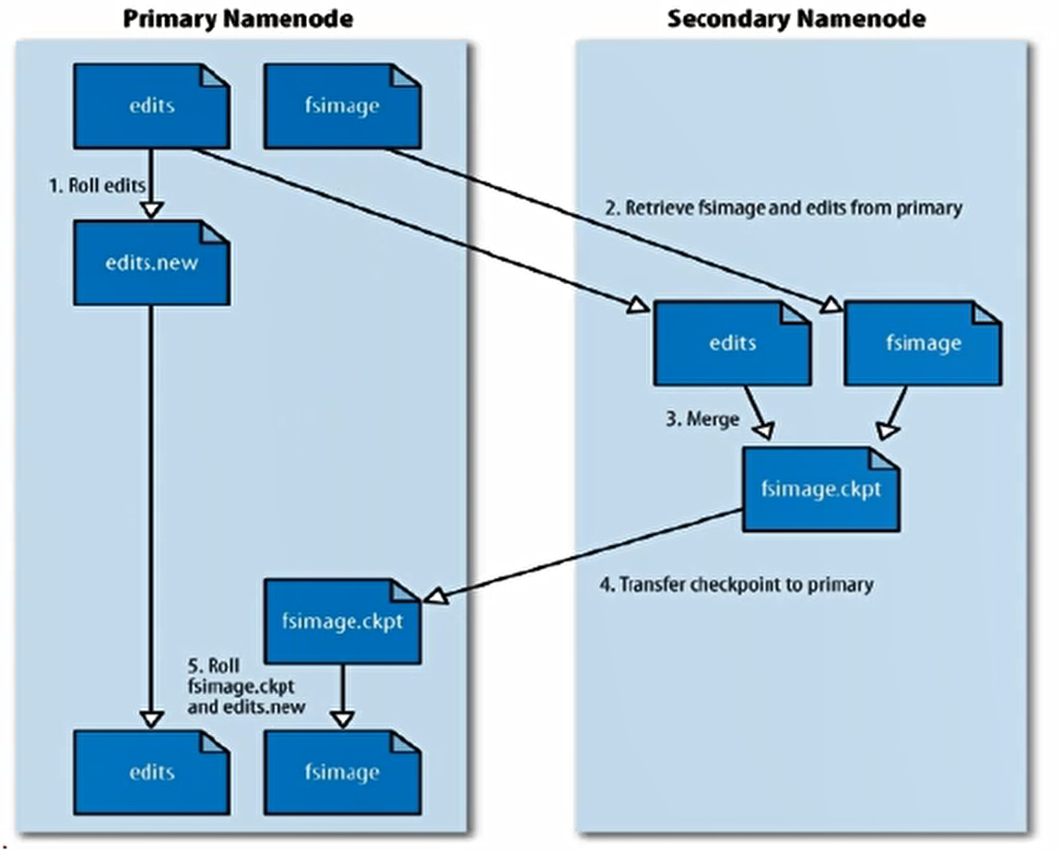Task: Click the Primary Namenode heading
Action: tap(238, 18)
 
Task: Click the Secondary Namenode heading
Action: tap(796, 18)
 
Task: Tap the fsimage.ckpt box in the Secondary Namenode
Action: tap(820, 489)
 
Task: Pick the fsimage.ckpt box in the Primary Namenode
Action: tap(342, 621)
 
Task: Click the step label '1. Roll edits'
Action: tap(96, 185)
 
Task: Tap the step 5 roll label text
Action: tap(244, 686)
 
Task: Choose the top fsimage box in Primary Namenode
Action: tap(342, 105)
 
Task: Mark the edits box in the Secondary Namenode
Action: tap(732, 343)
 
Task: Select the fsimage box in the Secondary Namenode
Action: tap(923, 343)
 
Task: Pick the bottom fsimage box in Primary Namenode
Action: tap(342, 772)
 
